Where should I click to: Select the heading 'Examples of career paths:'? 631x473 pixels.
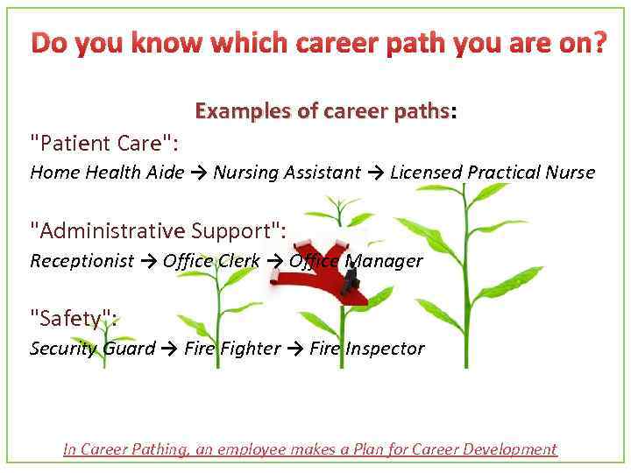(x=326, y=112)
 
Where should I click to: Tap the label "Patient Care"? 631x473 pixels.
(x=104, y=143)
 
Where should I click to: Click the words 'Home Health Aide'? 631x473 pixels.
(x=107, y=173)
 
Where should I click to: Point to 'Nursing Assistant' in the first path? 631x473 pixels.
(x=287, y=173)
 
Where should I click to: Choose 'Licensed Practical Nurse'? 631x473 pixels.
(x=493, y=173)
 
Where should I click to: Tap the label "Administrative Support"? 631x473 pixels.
(x=158, y=231)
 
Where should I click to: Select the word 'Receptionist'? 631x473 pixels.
(x=82, y=261)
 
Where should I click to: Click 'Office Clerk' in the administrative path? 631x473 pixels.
(x=211, y=261)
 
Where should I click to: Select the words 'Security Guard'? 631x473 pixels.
(x=93, y=349)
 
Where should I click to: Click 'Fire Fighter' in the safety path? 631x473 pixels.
(x=232, y=349)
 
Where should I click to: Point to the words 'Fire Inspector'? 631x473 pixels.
(x=366, y=349)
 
